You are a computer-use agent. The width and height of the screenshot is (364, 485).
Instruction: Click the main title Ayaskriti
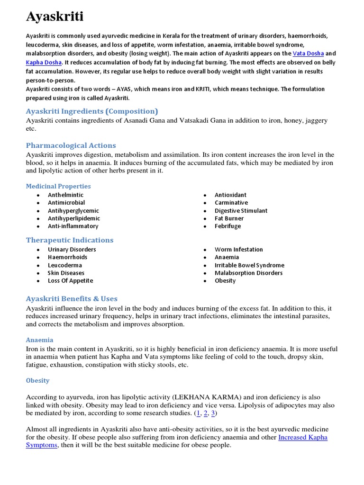click(55, 17)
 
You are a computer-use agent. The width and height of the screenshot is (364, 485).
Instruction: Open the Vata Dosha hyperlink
click(308, 54)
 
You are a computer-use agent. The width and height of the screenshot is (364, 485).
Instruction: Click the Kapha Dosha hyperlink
click(44, 62)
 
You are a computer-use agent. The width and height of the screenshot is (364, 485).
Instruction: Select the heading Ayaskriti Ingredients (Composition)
click(92, 111)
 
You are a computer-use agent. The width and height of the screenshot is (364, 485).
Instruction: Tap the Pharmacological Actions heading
click(71, 145)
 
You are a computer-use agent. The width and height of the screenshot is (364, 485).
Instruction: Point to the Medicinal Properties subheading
click(58, 186)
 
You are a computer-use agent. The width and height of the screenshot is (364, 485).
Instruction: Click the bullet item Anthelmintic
click(65, 195)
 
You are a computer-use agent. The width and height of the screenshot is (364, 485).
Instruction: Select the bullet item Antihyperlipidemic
click(74, 218)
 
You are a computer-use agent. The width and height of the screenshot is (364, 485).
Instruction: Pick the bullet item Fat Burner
click(229, 218)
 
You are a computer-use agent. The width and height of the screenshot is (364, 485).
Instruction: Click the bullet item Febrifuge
click(227, 226)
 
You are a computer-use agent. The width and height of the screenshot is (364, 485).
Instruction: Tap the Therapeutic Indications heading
click(70, 240)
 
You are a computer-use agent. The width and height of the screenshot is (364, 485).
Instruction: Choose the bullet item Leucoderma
click(65, 265)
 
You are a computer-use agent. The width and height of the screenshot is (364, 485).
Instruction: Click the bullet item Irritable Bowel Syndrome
click(249, 265)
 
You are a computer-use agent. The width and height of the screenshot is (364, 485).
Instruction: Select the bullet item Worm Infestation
click(238, 250)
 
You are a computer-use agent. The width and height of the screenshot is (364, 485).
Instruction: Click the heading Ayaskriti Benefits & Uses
click(72, 299)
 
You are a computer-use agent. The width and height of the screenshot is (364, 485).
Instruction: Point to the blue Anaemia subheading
click(39, 340)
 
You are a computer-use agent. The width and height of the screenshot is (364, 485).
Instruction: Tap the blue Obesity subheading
click(38, 380)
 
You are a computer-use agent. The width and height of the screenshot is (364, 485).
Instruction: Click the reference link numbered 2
click(206, 413)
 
